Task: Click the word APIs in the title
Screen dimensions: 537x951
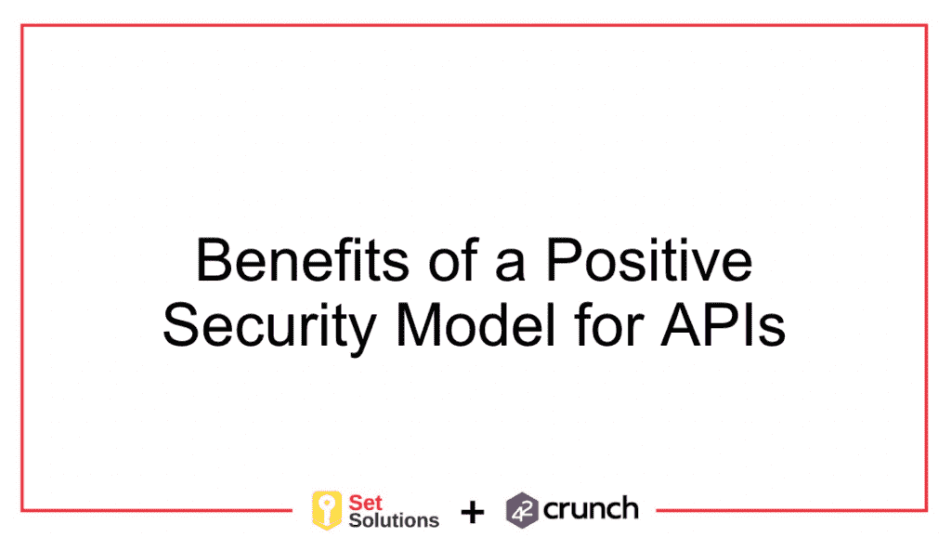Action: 723,326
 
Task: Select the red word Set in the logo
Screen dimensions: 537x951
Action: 366,502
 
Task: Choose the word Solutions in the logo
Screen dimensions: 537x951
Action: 393,519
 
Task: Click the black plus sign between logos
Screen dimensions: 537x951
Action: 473,512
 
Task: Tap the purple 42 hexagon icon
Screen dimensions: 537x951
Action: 522,510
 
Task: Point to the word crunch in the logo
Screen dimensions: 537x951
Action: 591,509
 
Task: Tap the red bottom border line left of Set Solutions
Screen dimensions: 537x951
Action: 158,509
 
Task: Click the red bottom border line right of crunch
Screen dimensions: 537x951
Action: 789,509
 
